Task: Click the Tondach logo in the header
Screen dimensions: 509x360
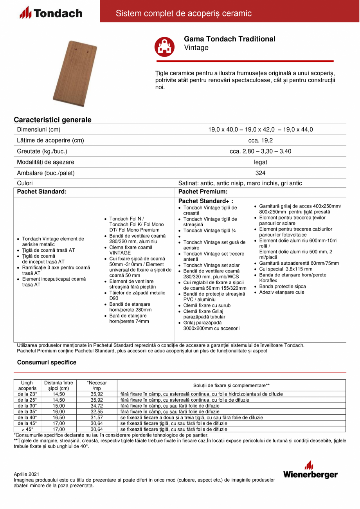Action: click(51, 13)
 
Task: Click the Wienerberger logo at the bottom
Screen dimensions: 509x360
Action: click(310, 470)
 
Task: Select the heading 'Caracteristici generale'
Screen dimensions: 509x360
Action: click(52, 120)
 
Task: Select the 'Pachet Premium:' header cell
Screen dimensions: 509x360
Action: click(203, 192)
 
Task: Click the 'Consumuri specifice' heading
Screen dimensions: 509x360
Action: click(47, 362)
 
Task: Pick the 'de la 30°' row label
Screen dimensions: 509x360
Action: click(27, 406)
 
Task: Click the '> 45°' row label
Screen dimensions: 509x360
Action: click(27, 429)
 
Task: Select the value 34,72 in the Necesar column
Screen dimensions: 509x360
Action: click(97, 406)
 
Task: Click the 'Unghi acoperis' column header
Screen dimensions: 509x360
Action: click(27, 385)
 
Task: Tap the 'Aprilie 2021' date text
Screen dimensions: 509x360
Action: click(27, 474)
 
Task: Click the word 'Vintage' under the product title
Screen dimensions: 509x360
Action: click(196, 48)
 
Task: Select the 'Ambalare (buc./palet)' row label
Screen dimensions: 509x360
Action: click(46, 173)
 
